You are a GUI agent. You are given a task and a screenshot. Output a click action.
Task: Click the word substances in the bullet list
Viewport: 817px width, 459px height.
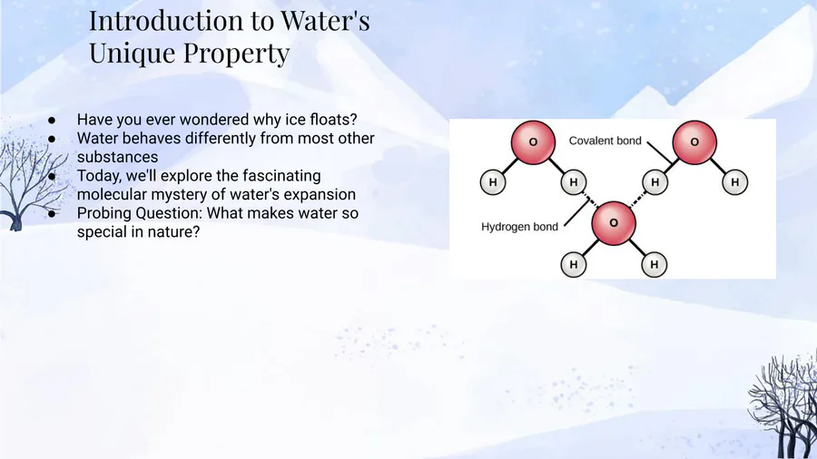(117, 157)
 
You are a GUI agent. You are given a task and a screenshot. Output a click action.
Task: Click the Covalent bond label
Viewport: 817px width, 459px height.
(605, 141)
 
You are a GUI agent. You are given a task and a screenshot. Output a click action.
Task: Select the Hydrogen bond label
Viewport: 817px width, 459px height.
(519, 227)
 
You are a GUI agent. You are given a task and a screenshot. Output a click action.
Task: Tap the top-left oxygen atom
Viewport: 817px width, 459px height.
(533, 142)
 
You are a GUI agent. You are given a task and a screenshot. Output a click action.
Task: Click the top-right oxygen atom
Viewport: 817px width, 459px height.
(694, 142)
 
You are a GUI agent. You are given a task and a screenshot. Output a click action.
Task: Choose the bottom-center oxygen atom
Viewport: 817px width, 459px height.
(614, 223)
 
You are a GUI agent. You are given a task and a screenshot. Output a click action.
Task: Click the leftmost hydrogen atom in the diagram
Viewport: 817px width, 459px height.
(493, 182)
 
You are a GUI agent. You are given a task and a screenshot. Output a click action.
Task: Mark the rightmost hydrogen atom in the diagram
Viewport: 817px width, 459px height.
(735, 182)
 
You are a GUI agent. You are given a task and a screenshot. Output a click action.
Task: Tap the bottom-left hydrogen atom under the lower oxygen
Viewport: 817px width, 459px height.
(574, 264)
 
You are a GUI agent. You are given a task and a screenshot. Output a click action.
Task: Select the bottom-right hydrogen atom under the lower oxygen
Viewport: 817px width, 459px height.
(655, 264)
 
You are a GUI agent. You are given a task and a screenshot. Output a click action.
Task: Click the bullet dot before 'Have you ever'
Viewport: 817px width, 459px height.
(52, 121)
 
